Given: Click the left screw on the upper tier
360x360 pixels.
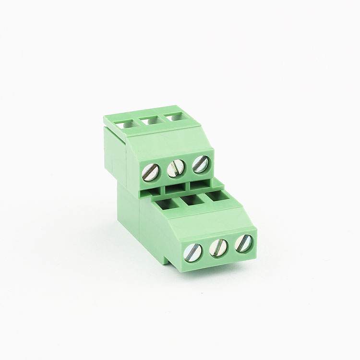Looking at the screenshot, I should point(153,170).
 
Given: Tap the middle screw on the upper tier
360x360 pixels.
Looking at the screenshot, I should point(176,168).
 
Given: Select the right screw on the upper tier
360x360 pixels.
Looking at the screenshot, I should point(200,164).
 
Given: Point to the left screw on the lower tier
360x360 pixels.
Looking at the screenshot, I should point(193,251).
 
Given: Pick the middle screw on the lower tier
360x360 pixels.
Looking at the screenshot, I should point(219,247).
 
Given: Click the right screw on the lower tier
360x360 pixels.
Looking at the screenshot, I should point(244,243).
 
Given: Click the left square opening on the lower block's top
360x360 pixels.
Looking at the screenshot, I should point(166,205).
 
